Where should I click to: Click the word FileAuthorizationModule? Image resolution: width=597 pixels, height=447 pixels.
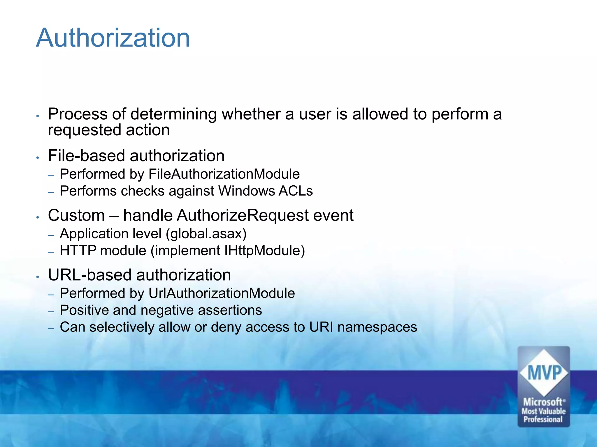[x=224, y=174]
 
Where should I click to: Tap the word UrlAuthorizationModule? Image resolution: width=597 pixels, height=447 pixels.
[x=222, y=293]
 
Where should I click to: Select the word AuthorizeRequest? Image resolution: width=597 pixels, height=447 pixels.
[x=243, y=216]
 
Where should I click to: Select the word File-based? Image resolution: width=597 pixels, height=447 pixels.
[x=86, y=156]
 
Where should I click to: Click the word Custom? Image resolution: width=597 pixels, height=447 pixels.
[x=76, y=216]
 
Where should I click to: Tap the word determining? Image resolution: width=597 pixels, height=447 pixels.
[x=173, y=114]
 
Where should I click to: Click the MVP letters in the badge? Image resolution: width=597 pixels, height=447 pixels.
[x=544, y=373]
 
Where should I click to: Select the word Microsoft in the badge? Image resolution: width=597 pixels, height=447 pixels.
[x=543, y=402]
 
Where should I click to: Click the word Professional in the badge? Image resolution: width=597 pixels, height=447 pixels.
[x=543, y=419]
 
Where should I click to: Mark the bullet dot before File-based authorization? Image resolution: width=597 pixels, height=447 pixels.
[x=37, y=157]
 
